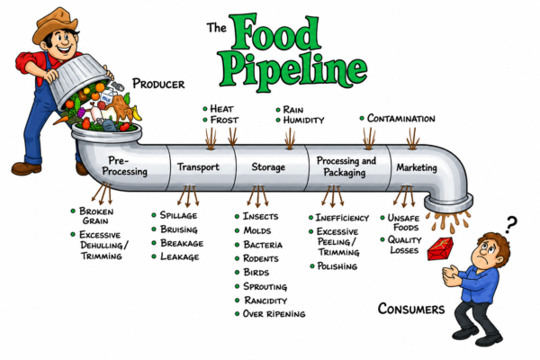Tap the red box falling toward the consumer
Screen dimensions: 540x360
(440, 248)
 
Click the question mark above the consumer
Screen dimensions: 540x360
(511, 224)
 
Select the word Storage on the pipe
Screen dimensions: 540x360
(268, 167)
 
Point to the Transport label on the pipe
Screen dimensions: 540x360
(198, 166)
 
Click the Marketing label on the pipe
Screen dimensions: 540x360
(417, 167)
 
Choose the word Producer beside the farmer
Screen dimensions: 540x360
(158, 84)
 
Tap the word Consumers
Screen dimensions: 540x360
(411, 309)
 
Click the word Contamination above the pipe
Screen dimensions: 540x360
(400, 118)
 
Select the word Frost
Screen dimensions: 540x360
(224, 120)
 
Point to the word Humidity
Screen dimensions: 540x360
(303, 120)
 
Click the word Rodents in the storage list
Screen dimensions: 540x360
(261, 258)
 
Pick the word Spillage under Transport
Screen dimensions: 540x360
(178, 215)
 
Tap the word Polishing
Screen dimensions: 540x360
(337, 266)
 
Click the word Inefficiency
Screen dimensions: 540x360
(342, 218)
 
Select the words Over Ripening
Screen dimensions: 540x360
(274, 313)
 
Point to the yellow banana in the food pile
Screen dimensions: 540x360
(137, 112)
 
